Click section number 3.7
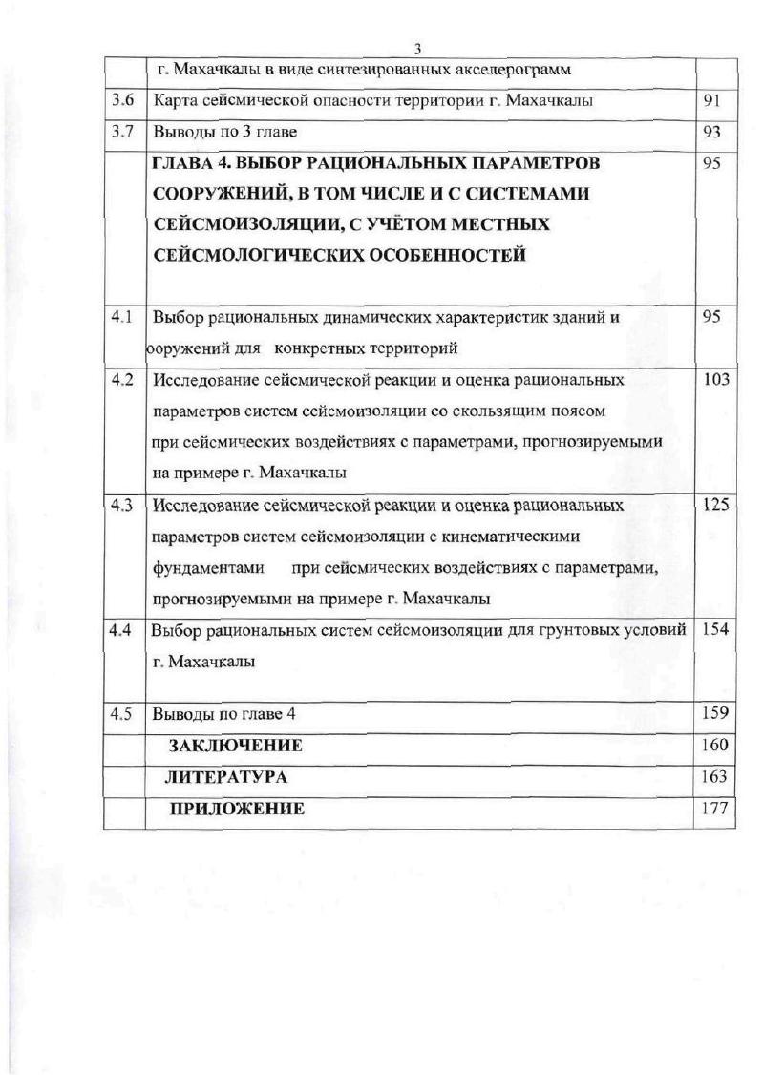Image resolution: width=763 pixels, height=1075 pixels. click(122, 132)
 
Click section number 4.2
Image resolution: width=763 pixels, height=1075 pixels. click(122, 380)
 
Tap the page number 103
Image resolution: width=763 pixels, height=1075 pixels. click(715, 380)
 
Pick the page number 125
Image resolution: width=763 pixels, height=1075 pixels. click(715, 505)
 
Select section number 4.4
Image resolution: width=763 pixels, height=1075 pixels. click(120, 630)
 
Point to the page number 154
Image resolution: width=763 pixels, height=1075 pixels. click(715, 630)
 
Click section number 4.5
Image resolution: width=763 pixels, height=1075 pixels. click(120, 713)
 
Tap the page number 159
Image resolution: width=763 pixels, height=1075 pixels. click(715, 713)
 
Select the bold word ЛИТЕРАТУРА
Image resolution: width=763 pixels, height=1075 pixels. click(227, 777)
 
